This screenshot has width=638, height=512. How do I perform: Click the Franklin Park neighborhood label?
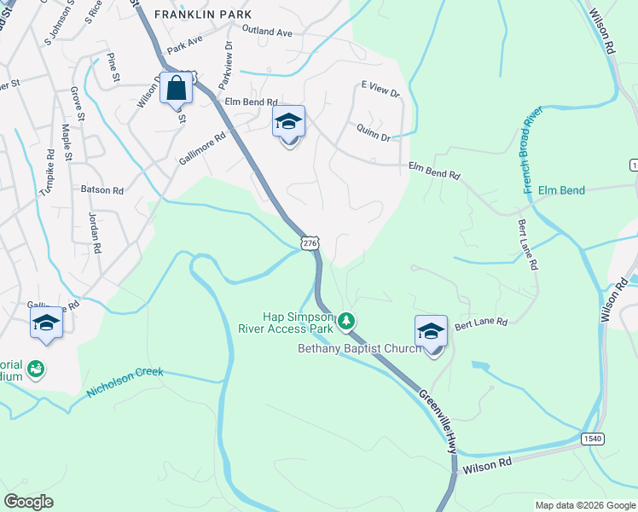pos(203,15)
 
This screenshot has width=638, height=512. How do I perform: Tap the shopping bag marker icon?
pos(176,88)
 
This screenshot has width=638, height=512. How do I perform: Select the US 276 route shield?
pos(310,244)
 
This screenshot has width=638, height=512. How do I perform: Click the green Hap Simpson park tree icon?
pos(345,322)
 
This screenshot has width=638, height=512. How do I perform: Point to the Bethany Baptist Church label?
pos(359,348)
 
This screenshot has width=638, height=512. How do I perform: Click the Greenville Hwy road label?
pos(438,420)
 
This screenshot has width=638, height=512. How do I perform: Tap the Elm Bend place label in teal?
pos(561,190)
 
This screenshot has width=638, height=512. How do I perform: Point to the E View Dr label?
pos(380,90)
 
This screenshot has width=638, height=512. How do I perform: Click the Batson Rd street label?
pos(102,189)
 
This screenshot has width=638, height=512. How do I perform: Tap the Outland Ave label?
pos(266,32)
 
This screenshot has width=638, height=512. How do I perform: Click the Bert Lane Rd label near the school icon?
pos(480,323)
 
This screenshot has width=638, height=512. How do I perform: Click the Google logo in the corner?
pos(29,501)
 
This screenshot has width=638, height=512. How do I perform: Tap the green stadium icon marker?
pos(36,369)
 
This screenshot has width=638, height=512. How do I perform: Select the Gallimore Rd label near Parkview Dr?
pos(202,148)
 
